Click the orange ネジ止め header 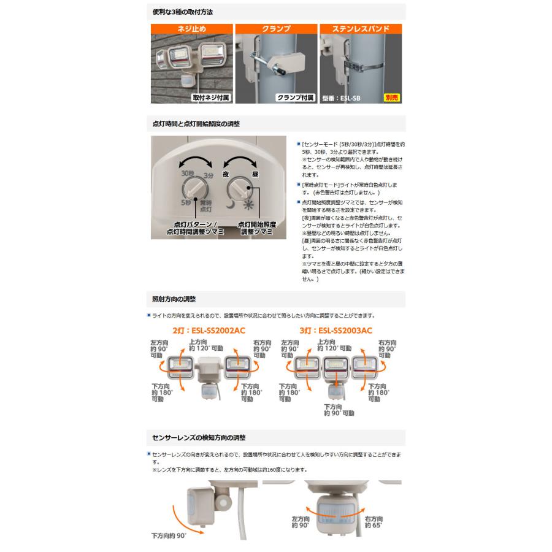191,28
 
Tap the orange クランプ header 275,28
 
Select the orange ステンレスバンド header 360,28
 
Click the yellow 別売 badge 391,97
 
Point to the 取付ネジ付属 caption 211,97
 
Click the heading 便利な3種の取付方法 183,12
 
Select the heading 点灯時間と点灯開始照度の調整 196,123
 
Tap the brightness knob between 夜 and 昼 239,187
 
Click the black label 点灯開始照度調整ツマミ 255,229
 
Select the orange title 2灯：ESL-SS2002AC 208,331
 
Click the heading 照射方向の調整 174,299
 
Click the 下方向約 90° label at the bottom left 168,535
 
